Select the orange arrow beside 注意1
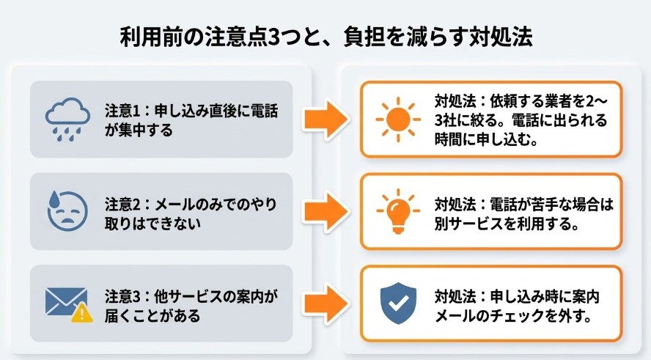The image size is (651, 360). pyautogui.click(x=326, y=119)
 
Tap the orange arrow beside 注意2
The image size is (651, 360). pyautogui.click(x=326, y=211)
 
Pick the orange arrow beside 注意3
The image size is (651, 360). pyautogui.click(x=326, y=304)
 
